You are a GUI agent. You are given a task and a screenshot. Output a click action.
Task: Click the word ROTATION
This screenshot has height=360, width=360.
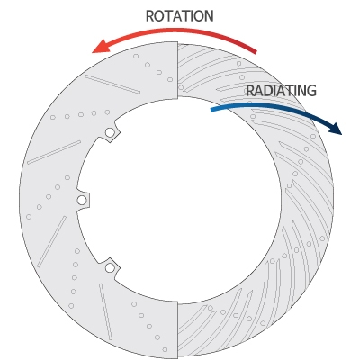point(179,16)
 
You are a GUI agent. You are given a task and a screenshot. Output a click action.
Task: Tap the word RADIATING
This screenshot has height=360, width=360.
point(281,91)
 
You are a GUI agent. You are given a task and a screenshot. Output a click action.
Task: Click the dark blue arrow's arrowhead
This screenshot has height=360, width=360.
point(336,129)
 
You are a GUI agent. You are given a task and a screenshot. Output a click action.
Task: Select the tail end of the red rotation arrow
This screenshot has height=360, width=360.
point(256,51)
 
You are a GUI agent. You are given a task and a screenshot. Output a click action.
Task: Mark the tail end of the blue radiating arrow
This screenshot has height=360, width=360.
point(211,110)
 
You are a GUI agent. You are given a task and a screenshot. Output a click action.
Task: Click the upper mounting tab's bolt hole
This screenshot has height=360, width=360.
point(110,132)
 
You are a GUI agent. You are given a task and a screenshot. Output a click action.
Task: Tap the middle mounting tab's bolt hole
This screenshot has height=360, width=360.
point(82,200)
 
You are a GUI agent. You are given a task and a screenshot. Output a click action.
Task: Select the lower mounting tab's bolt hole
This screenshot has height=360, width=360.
point(110,267)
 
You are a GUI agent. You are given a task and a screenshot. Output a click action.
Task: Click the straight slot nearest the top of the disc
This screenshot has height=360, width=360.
point(112,85)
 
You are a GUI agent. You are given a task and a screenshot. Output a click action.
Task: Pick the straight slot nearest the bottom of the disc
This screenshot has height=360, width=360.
point(106,311)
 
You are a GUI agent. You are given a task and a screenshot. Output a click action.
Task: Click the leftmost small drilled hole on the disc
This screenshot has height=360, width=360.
point(29,217)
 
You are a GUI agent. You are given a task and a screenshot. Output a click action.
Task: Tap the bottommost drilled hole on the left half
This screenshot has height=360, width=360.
point(165,349)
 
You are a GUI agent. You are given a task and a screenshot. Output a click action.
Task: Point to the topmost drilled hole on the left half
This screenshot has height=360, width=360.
point(136,56)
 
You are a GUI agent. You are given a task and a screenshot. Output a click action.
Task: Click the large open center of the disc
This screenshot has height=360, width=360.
point(179,200)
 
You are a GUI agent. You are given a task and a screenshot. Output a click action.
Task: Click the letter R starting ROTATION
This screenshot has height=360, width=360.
point(149,16)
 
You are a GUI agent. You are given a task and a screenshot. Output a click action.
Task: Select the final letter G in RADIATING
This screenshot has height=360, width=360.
point(311,91)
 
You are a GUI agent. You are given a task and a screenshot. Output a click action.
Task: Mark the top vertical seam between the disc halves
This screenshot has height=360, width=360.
point(177,70)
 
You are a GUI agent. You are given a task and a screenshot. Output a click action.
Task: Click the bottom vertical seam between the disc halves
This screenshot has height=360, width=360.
point(178,330)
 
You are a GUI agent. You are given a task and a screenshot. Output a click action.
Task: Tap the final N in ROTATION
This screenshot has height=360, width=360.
point(209,16)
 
